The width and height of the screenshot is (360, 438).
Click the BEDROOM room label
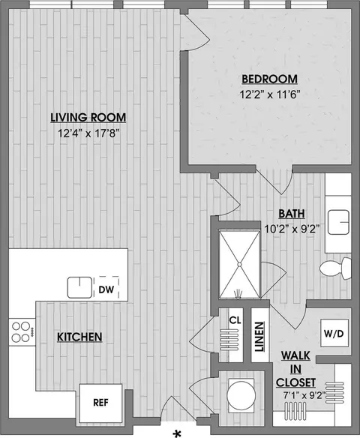click(269, 79)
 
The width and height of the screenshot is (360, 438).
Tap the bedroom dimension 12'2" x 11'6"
click(269, 94)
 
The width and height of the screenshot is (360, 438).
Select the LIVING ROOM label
click(88, 117)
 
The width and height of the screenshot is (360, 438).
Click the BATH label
click(292, 213)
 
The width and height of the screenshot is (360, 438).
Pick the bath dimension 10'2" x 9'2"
click(292, 229)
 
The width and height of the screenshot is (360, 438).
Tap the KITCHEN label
click(79, 337)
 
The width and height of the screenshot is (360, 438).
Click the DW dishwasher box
click(106, 287)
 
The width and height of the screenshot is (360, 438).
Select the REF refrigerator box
click(100, 402)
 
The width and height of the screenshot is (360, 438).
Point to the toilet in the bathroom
click(334, 268)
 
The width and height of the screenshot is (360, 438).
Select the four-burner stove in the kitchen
click(22, 331)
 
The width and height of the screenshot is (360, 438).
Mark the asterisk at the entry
click(178, 433)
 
